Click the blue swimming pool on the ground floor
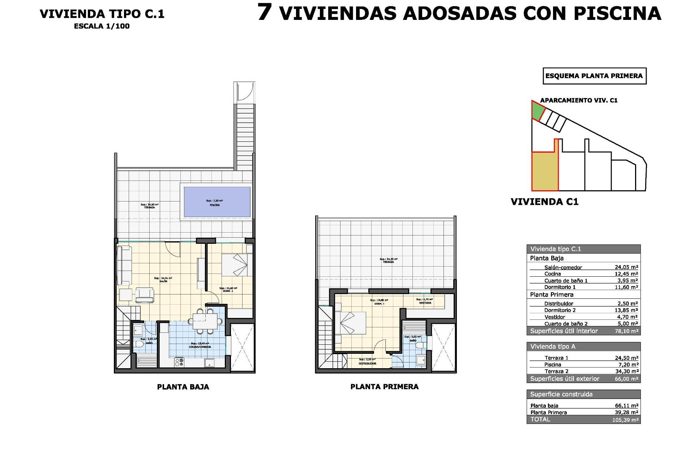tap(217, 202)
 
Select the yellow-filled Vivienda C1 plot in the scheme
tap(545, 171)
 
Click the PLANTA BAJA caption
tap(183, 387)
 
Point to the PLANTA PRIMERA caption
tap(384, 387)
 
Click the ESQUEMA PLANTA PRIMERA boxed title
tap(594, 76)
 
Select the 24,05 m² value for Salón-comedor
tap(626, 267)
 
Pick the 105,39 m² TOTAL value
tap(625, 420)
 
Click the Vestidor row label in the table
tap(554, 317)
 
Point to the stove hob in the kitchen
tap(179, 362)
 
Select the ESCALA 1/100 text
tap(102, 26)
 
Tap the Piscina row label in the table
tap(553, 365)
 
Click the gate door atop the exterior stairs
tap(244, 92)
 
